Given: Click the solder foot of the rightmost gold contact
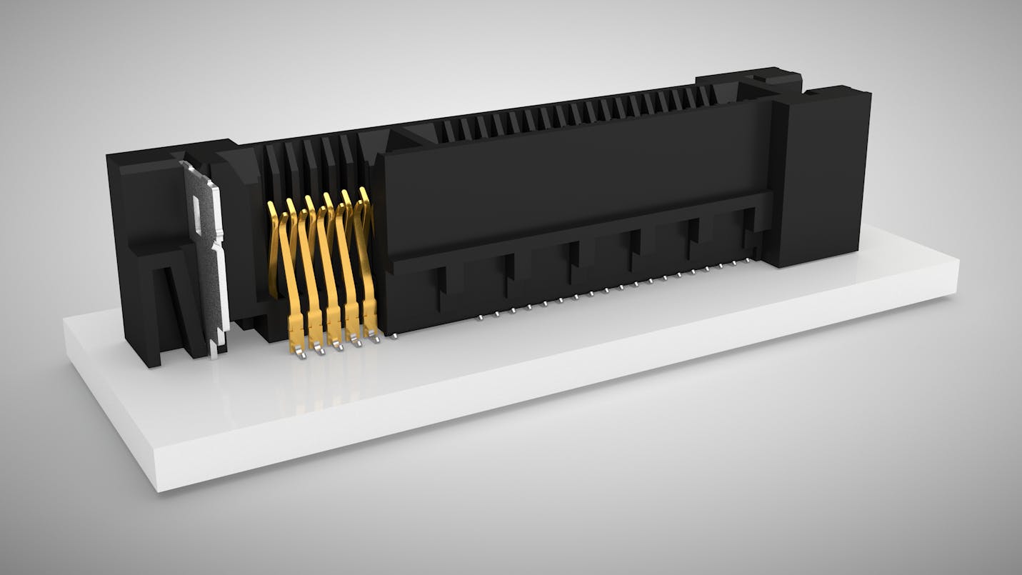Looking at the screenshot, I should coord(372,334).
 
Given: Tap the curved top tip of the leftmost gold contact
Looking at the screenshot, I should coord(271,207).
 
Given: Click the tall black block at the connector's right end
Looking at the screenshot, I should coord(821,175).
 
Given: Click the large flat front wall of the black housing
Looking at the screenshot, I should coord(571,179).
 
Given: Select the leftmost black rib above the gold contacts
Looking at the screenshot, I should coord(271,171).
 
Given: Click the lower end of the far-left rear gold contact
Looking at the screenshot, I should coord(274,293).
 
